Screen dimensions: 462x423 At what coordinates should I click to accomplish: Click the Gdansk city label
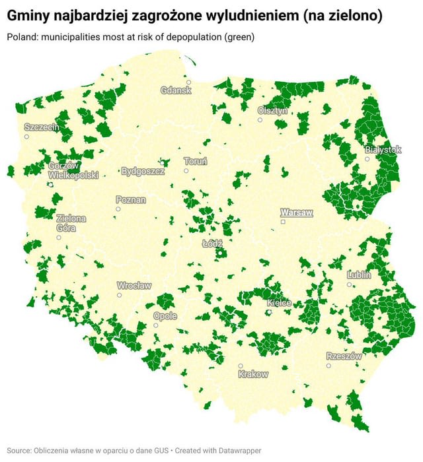[x=176, y=90]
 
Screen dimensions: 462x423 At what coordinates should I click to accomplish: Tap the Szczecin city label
[x=42, y=127]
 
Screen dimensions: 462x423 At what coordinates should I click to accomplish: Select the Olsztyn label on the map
[x=273, y=111]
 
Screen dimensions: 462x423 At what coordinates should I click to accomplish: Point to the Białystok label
[x=383, y=150]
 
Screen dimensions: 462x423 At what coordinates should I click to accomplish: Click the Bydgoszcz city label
[x=143, y=171]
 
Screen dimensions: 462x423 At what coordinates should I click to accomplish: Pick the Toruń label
[x=196, y=161]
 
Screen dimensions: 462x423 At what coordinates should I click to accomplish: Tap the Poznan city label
[x=131, y=199]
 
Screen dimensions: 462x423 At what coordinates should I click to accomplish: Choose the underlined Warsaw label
[x=296, y=213]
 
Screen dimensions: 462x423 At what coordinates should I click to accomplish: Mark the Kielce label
[x=279, y=303]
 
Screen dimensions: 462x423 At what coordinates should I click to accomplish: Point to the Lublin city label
[x=359, y=275]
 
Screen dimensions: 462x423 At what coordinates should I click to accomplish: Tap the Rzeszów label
[x=344, y=356]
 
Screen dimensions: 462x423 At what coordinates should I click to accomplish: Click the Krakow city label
[x=252, y=374]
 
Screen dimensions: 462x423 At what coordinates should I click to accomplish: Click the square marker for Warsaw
[x=283, y=222]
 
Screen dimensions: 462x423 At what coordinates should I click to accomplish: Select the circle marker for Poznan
[x=118, y=209]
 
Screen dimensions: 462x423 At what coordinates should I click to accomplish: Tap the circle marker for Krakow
[x=241, y=366]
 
